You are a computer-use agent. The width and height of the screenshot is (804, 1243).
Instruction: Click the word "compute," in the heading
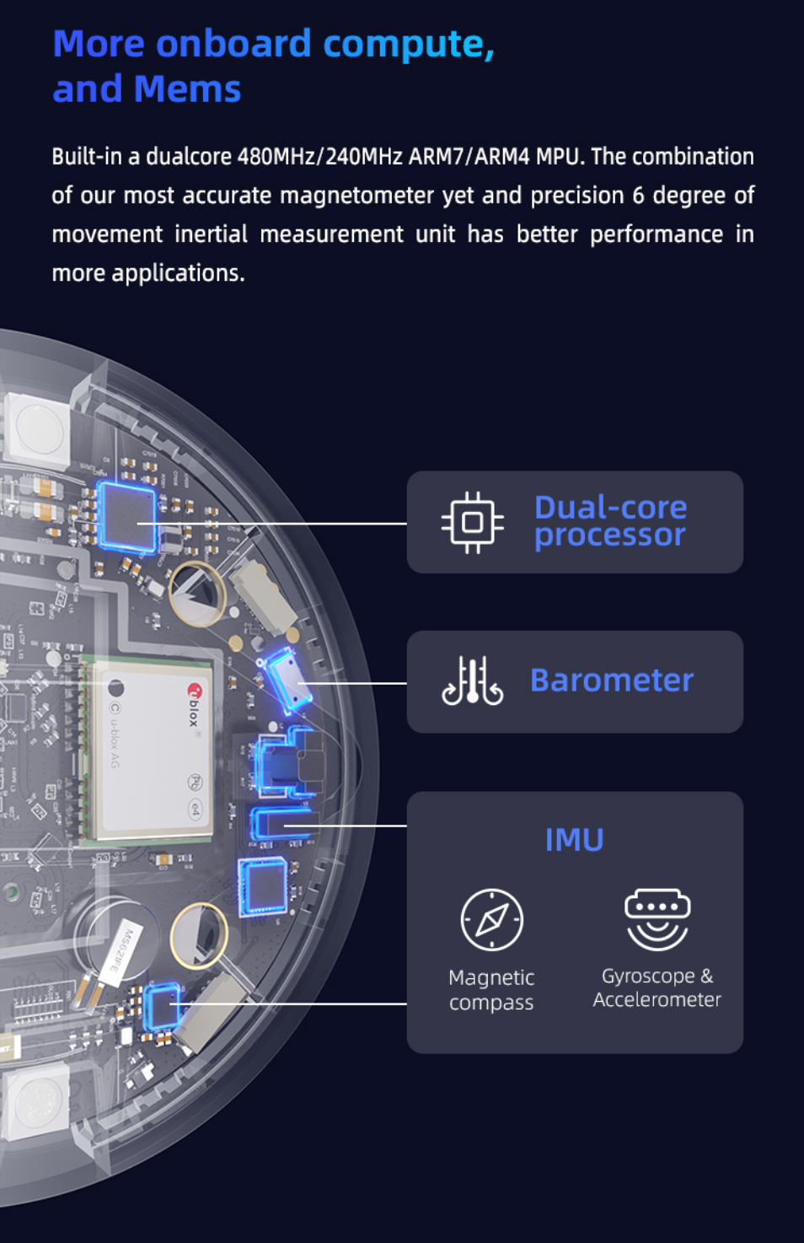(409, 45)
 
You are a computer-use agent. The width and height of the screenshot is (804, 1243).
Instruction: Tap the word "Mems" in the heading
(187, 89)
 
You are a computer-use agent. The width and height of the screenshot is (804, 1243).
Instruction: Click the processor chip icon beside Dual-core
(472, 523)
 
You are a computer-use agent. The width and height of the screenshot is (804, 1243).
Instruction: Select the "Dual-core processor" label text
(610, 521)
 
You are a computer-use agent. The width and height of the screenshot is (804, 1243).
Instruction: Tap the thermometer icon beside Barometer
(472, 681)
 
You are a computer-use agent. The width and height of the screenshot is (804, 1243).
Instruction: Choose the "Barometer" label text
(611, 681)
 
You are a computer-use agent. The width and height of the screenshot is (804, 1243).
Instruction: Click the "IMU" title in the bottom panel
(574, 840)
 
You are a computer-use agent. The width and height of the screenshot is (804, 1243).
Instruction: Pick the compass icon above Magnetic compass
(491, 919)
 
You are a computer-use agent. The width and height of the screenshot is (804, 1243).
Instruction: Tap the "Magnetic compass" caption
(491, 990)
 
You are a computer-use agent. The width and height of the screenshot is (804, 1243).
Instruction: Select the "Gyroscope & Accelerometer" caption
(657, 987)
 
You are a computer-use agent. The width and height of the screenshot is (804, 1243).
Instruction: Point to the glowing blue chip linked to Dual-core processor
(127, 517)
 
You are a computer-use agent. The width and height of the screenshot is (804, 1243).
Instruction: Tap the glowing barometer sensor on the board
(287, 677)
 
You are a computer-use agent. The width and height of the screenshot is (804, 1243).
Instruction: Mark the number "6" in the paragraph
(638, 196)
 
